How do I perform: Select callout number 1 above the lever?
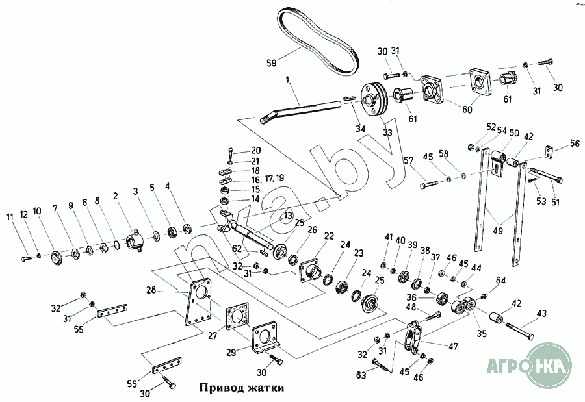[x=286, y=81]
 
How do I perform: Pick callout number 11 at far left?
[x=9, y=217]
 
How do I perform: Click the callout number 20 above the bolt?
[x=255, y=151]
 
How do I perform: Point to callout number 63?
[x=360, y=375]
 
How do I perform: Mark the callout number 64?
[x=500, y=281]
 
